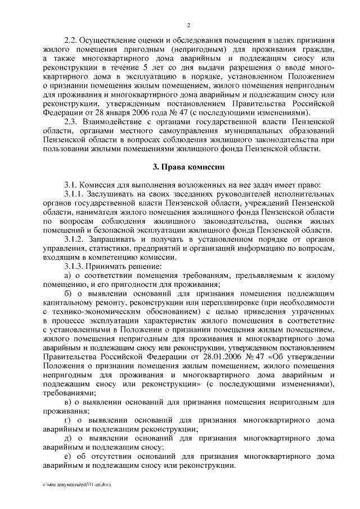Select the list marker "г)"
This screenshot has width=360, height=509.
(69, 421)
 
